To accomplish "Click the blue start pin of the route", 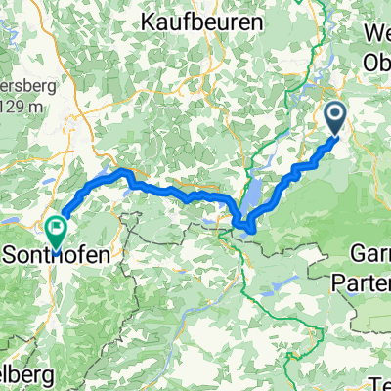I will pyautogui.click(x=334, y=120).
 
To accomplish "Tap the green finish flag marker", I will pyautogui.click(x=56, y=232).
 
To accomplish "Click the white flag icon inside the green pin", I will pyautogui.click(x=56, y=230).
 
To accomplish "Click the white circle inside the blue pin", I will pyautogui.click(x=334, y=118).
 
